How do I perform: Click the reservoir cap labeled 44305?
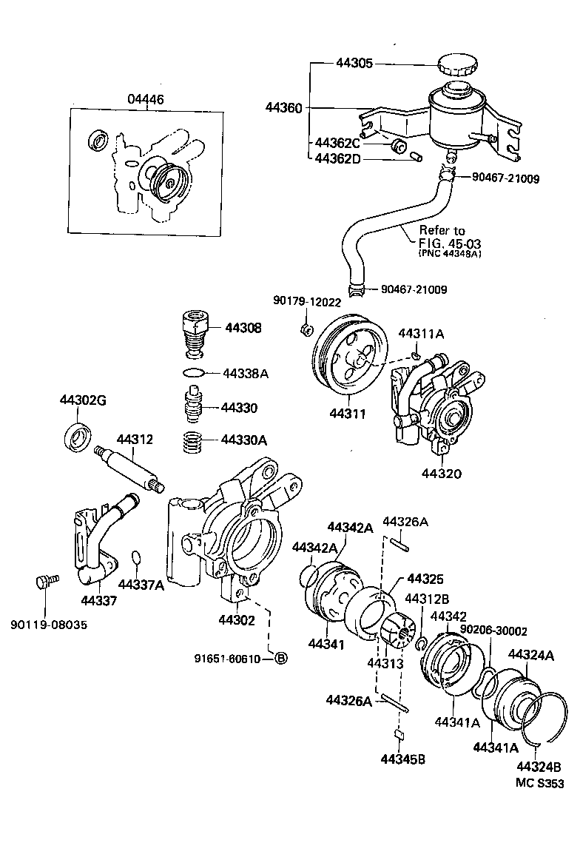pos(456,66)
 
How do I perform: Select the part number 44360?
pos(284,107)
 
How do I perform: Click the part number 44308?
pos(243,326)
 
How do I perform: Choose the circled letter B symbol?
pos(280,659)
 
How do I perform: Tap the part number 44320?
pos(442,472)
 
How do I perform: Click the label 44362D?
pos(337,158)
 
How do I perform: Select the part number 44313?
pos(385,663)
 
